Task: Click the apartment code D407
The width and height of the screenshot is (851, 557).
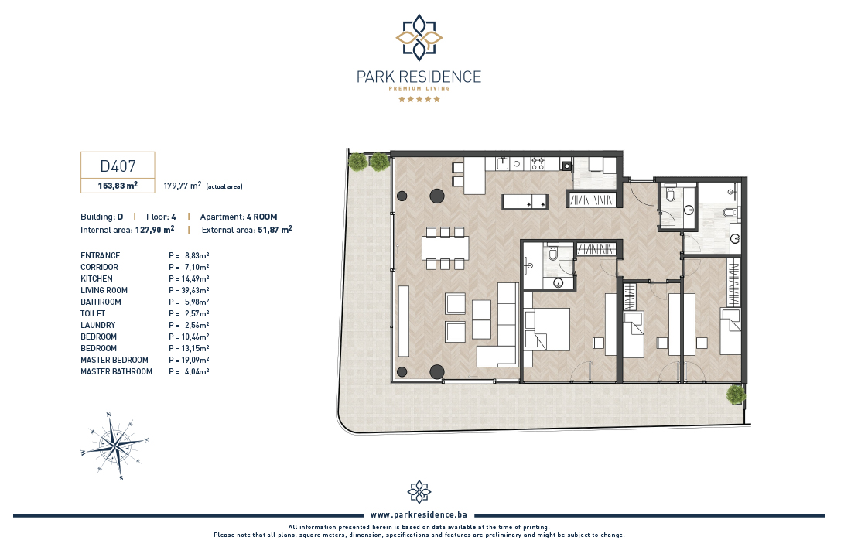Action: coord(118,166)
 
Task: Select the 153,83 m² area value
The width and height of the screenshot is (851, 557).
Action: coord(118,186)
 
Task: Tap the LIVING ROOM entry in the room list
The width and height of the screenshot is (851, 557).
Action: coord(104,290)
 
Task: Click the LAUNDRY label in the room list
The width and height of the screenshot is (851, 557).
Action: coord(98,325)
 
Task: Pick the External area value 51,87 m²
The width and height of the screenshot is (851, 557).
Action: coord(275,230)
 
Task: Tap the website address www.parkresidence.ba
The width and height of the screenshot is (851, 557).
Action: coord(419,514)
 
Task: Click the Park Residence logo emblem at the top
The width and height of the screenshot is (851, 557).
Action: coord(419,37)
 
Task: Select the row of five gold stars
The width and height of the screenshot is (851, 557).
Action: coord(419,99)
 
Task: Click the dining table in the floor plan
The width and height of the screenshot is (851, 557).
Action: coord(446,248)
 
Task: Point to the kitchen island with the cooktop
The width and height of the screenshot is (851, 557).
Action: coord(525,202)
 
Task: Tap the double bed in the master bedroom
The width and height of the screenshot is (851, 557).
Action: coord(547,329)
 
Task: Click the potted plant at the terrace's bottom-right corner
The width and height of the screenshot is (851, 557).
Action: coord(736,394)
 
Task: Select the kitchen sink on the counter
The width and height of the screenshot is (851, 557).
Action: coord(502,163)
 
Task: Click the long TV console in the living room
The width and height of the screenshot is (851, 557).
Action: coord(404,321)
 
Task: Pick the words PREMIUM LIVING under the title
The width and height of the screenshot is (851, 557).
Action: coord(419,88)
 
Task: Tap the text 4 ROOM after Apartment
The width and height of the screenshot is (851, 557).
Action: coord(261,217)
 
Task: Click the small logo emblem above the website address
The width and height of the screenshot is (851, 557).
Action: coord(419,492)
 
